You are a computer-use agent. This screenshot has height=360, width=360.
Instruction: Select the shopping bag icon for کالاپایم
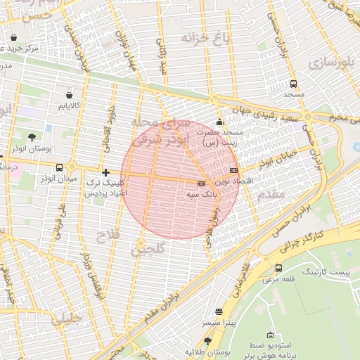point(68,94)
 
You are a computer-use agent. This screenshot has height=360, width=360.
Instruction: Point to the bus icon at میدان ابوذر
point(59,168)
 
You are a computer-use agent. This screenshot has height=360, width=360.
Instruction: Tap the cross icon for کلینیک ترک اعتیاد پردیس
point(105,172)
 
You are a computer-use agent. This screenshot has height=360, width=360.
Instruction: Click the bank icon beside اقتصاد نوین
point(233,170)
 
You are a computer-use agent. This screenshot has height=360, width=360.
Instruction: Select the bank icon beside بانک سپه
point(202,184)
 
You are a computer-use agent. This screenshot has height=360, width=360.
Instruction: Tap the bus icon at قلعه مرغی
point(279,268)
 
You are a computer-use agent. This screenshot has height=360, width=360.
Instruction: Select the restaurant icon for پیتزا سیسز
point(219,311)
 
